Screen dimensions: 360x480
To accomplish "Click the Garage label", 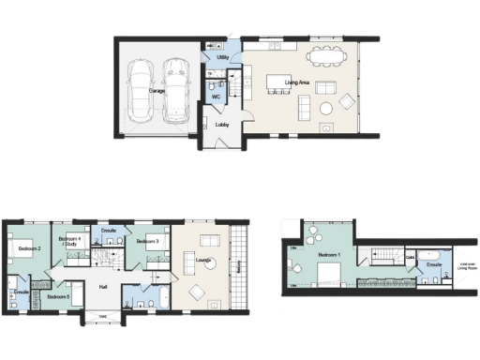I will click(157, 91).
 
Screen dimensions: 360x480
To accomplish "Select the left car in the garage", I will click(141, 90).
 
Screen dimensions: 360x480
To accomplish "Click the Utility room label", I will click(222, 58).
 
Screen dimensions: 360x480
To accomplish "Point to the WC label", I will click(216, 97).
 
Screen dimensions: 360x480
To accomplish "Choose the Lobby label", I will click(222, 125).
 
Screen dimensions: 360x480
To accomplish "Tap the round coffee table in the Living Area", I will click(325, 108).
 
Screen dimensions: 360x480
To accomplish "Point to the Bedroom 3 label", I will click(146, 242).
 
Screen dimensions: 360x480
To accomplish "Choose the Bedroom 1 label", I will click(329, 255).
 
